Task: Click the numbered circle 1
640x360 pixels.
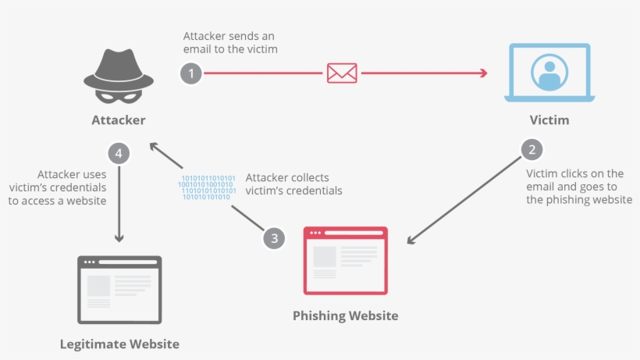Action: click(x=191, y=74)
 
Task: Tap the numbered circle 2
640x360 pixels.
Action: click(x=532, y=149)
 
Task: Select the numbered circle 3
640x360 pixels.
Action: click(x=272, y=237)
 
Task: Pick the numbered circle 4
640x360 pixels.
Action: click(x=119, y=153)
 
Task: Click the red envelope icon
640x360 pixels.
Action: click(x=342, y=73)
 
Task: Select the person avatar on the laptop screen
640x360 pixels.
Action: click(x=549, y=71)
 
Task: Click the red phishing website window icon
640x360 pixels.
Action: click(x=346, y=260)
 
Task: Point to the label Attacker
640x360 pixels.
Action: click(x=119, y=120)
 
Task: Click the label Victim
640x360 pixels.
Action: click(x=549, y=121)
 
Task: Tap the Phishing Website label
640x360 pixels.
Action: click(x=346, y=315)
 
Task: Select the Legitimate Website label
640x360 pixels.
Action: click(x=119, y=344)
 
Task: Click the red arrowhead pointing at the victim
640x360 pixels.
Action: click(x=483, y=73)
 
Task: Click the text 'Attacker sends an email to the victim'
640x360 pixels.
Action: click(x=230, y=43)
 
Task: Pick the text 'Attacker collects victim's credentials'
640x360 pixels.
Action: click(x=293, y=184)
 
